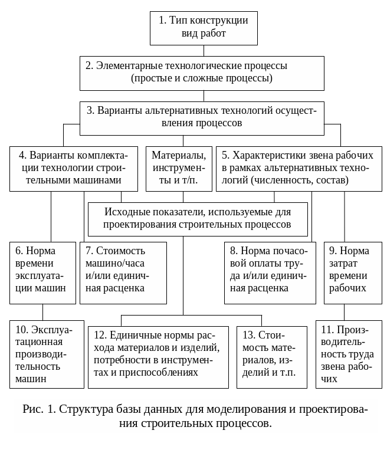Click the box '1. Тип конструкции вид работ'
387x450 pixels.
pos(203,28)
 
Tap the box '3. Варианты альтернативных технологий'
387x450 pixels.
pos(202,117)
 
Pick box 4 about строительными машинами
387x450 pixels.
pos(74,168)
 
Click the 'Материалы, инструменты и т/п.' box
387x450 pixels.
pos(179,168)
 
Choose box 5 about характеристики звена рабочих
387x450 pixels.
pos(299,168)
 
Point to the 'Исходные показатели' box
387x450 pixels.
pos(198,218)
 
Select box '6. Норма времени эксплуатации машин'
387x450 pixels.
pos(43,272)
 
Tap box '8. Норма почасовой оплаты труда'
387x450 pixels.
pos(271,272)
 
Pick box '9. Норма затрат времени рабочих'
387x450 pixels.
pos(352,272)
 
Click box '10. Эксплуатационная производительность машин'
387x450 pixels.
pos(47,354)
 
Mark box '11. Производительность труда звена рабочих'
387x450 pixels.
pos(349,354)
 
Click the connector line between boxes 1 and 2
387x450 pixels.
pos(204,51)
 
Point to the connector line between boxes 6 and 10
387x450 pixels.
pos(42,312)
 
